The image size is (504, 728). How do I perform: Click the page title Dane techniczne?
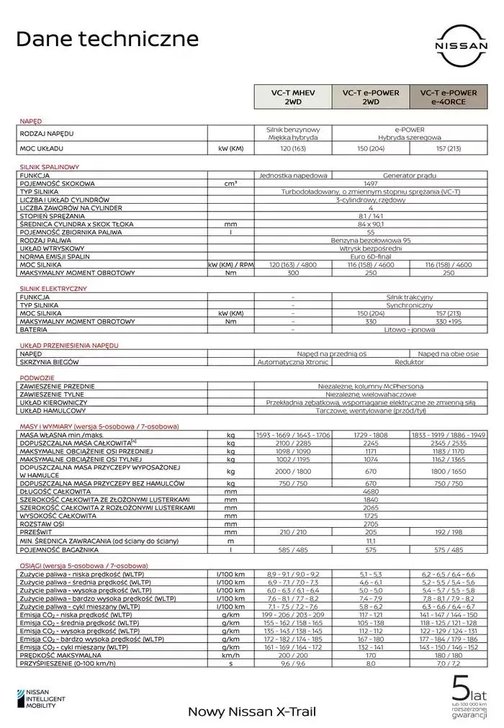[107, 38]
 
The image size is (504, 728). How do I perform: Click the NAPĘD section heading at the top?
[31, 122]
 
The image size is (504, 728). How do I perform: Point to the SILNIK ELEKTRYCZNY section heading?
[53, 288]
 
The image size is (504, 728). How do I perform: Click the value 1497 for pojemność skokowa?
[370, 184]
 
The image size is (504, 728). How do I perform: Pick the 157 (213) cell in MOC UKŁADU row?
[448, 149]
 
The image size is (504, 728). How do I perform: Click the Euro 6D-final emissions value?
[370, 256]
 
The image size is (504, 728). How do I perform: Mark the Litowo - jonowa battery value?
[409, 330]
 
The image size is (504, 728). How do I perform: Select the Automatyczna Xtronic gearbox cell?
[293, 362]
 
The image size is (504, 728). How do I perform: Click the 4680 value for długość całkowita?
[370, 491]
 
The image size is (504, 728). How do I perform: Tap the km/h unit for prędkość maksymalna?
[230, 656]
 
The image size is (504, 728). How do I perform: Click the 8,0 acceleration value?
[370, 665]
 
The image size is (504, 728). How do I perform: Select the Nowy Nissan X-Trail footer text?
[251, 711]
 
